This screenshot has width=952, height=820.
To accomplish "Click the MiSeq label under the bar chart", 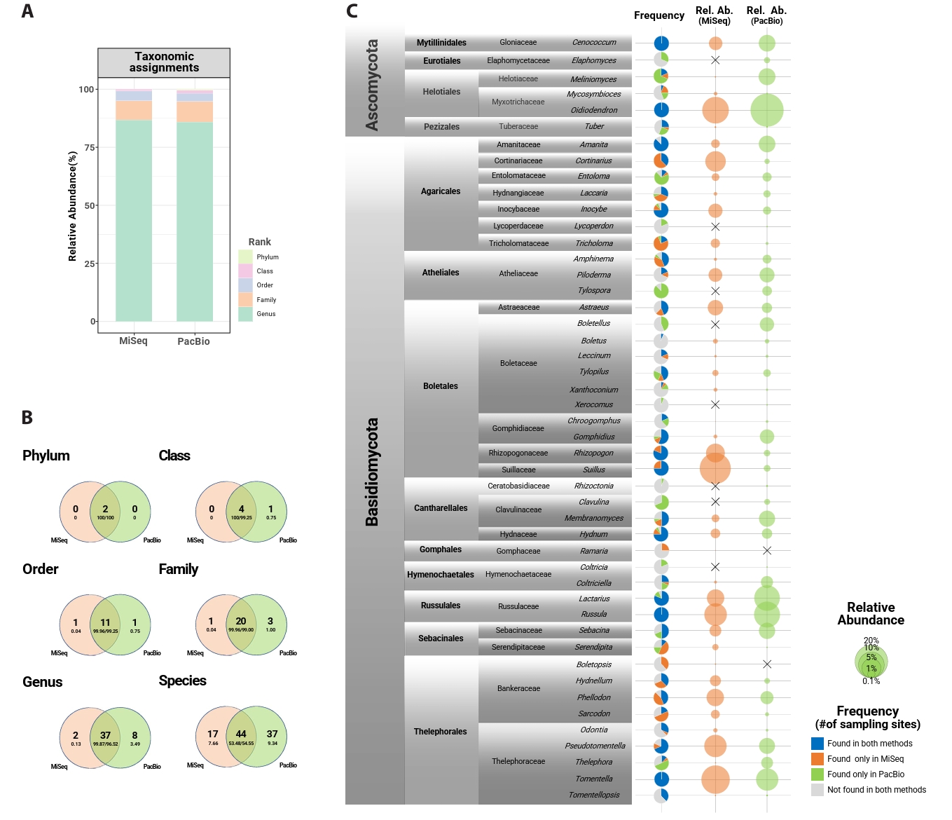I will click(133, 341).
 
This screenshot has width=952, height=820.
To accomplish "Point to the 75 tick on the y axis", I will click(89, 147).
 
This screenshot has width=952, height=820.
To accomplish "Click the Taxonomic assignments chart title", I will click(164, 62).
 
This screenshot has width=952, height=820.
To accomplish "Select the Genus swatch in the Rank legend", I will click(245, 314).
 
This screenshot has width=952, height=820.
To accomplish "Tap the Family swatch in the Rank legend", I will click(245, 299).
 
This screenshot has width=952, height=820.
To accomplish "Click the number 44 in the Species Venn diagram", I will click(241, 734).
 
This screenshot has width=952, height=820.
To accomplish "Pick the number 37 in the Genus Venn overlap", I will click(105, 735).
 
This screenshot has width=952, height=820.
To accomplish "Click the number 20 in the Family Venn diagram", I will click(241, 621).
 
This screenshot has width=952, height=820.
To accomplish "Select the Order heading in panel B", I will click(41, 569).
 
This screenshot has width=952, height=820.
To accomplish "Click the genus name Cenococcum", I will click(594, 43).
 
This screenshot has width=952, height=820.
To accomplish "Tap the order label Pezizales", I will click(441, 127).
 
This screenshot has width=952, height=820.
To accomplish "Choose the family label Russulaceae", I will click(518, 606).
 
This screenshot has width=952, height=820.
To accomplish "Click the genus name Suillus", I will click(594, 470).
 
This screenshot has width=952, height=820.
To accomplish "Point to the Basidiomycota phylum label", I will click(372, 472).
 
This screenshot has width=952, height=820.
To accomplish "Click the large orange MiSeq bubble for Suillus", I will click(715, 468).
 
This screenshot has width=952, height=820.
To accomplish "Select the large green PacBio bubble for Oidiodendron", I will click(767, 110).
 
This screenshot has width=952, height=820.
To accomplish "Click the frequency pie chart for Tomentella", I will click(661, 779).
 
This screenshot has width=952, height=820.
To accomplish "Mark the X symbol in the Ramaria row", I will click(767, 551).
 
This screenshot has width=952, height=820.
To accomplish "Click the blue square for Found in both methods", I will click(818, 744).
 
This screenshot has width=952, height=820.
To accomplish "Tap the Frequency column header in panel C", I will click(659, 15).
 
